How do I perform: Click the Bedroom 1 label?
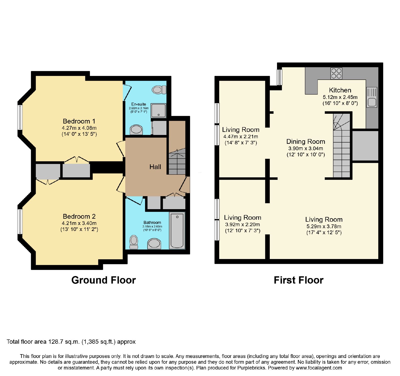[79, 121]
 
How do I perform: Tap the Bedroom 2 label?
[79, 216]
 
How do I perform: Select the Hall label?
[155, 167]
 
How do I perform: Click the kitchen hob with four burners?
[336, 73]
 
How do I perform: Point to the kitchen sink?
[371, 97]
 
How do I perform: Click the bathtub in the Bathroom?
[177, 230]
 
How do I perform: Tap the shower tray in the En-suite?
[158, 110]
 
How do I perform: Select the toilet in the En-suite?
[159, 89]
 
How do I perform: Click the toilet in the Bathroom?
[134, 242]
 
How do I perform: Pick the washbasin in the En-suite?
[136, 130]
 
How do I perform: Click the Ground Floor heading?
[103, 280]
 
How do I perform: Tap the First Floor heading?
[298, 280]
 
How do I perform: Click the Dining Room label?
[306, 142]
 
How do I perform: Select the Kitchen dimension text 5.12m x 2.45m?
[340, 97]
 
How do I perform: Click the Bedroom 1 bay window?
[20, 117]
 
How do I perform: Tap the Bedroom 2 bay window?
[20, 222]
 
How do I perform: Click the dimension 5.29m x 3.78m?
[324, 226]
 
